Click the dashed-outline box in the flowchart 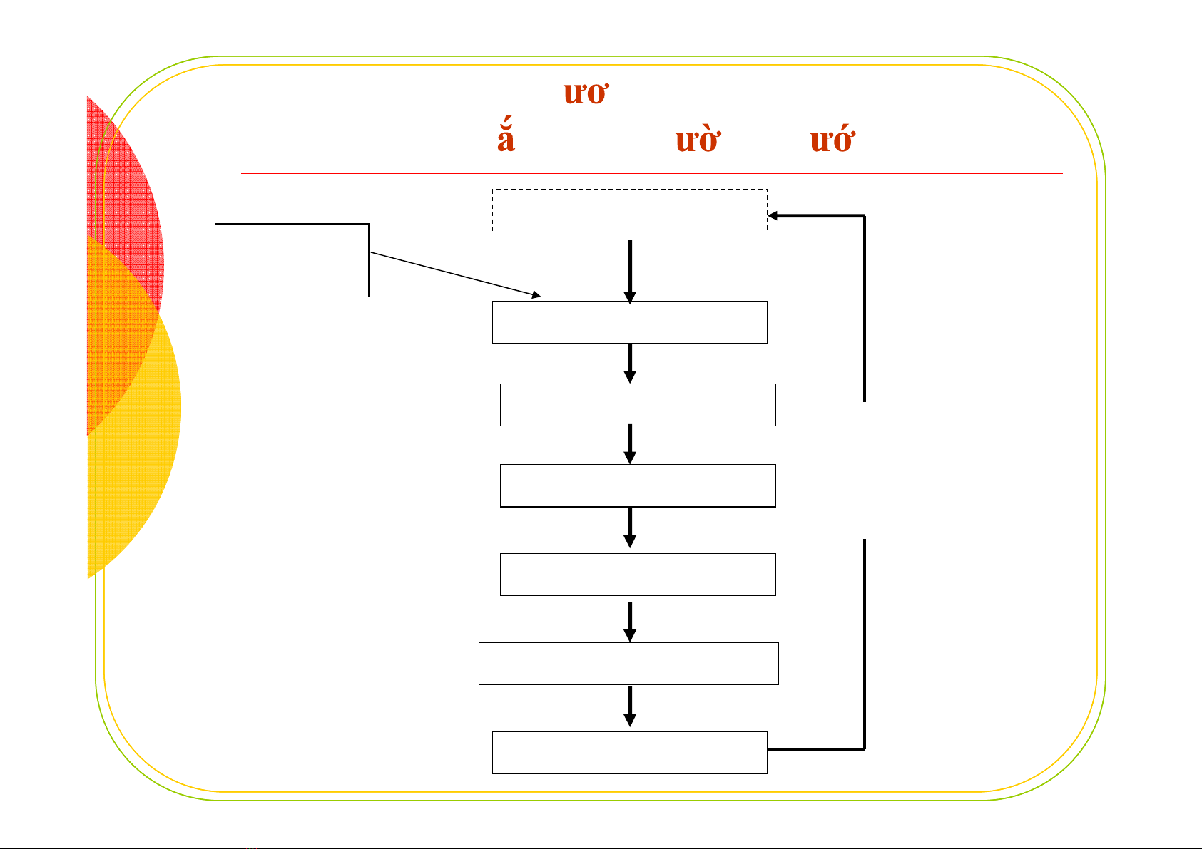[x=629, y=210]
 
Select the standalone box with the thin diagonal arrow [x=292, y=260]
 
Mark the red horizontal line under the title [x=651, y=173]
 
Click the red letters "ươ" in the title [x=585, y=93]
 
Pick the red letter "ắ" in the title [x=506, y=138]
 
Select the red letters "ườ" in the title [x=696, y=140]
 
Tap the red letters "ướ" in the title [x=831, y=140]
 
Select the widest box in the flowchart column [x=628, y=663]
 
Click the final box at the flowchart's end [x=629, y=752]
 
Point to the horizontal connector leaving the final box [x=816, y=749]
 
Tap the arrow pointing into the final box [x=630, y=708]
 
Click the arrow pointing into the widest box [x=630, y=622]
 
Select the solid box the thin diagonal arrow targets [x=629, y=322]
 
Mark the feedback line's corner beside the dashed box [x=865, y=215]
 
